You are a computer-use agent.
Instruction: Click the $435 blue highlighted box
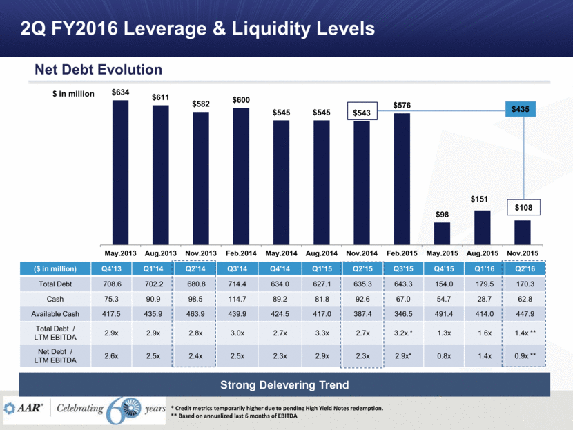click(x=522, y=109)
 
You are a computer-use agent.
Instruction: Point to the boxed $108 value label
click(x=522, y=206)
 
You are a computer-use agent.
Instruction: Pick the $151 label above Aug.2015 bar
click(x=482, y=200)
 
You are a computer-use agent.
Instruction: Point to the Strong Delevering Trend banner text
click(x=286, y=384)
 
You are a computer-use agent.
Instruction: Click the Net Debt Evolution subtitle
click(x=99, y=70)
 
